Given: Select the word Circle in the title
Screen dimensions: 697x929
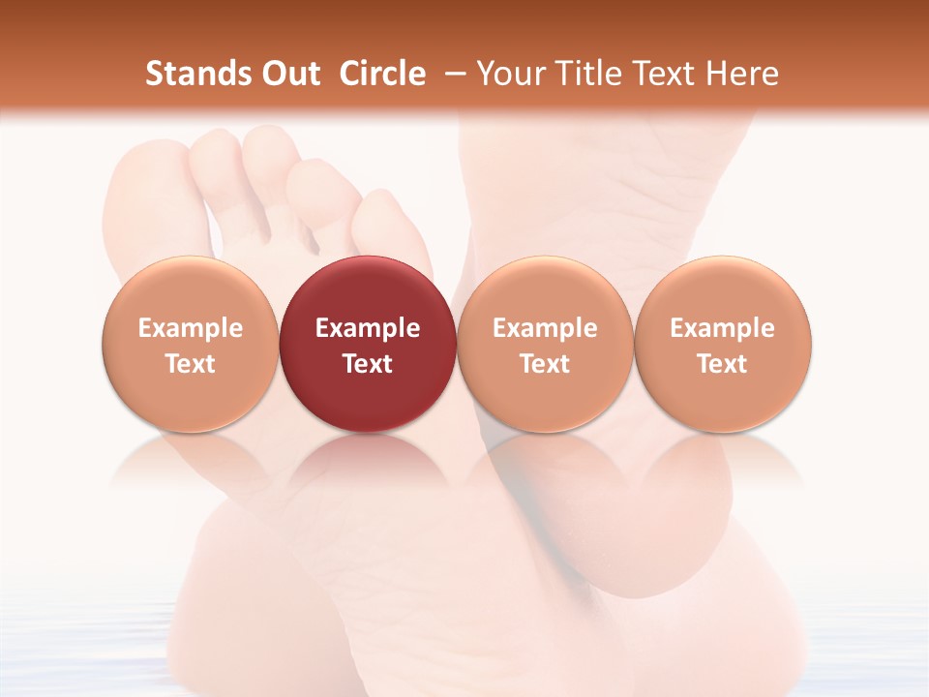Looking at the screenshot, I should (x=382, y=74).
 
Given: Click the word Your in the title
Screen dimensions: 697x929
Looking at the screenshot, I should (x=508, y=74).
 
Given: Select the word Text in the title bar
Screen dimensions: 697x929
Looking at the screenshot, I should (x=667, y=74).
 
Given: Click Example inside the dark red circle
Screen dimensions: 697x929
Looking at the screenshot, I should (x=368, y=328).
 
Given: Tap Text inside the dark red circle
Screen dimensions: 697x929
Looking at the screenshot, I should (x=368, y=364).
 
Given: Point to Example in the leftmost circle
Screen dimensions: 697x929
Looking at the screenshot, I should (x=191, y=328).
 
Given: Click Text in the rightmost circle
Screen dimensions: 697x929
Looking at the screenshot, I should (x=722, y=364).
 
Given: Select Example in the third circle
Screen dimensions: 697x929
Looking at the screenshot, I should (x=545, y=328).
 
